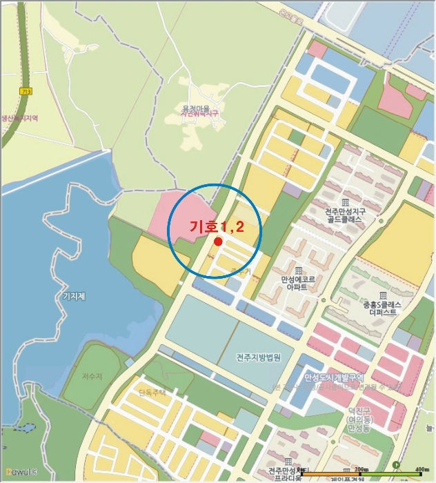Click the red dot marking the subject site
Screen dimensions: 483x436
(218, 241)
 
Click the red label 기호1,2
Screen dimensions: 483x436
(217, 226)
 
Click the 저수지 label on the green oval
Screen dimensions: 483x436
(91, 376)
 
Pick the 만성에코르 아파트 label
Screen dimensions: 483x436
(298, 284)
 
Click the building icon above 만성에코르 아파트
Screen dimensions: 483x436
(298, 270)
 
